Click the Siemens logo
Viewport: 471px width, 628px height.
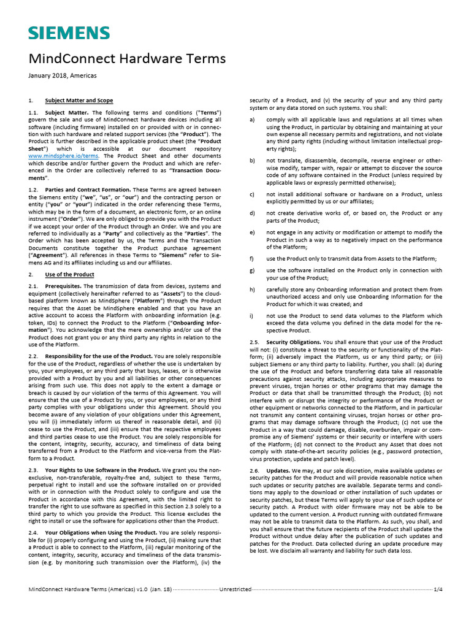click(69, 33)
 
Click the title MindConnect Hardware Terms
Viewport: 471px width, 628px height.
click(128, 59)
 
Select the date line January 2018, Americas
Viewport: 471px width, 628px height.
click(63, 75)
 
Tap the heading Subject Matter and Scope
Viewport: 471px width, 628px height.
click(79, 100)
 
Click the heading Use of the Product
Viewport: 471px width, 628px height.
click(70, 274)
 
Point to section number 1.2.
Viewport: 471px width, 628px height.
click(34, 190)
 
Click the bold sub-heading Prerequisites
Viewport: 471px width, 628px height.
click(63, 286)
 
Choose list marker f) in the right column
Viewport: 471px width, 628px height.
click(253, 259)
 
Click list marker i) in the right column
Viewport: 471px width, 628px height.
click(253, 316)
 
